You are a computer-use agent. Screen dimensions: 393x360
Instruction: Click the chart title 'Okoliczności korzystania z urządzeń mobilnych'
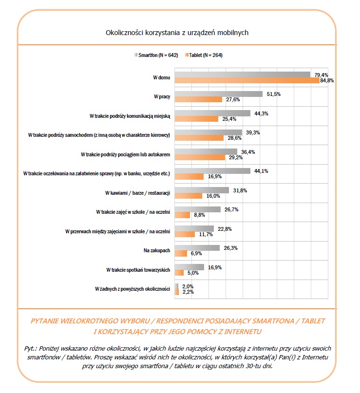click(x=177, y=33)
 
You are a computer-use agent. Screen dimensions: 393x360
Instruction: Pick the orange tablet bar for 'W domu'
click(x=246, y=80)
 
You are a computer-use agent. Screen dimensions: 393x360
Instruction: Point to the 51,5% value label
click(x=274, y=94)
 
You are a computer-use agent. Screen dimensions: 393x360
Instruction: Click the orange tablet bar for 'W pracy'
click(x=198, y=99)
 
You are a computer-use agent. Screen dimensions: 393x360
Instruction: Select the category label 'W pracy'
click(x=161, y=96)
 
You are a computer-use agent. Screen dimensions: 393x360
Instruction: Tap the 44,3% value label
click(x=262, y=113)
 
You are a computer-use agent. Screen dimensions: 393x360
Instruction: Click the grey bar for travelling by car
click(x=208, y=132)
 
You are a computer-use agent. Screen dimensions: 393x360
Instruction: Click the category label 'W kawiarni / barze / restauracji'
click(x=137, y=193)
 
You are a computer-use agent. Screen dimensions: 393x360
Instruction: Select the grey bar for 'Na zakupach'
click(x=197, y=247)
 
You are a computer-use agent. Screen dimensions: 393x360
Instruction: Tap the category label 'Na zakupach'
click(x=156, y=250)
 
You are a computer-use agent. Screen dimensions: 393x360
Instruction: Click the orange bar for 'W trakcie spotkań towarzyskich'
click(x=179, y=273)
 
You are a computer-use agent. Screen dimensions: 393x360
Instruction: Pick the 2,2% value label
click(x=188, y=292)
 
